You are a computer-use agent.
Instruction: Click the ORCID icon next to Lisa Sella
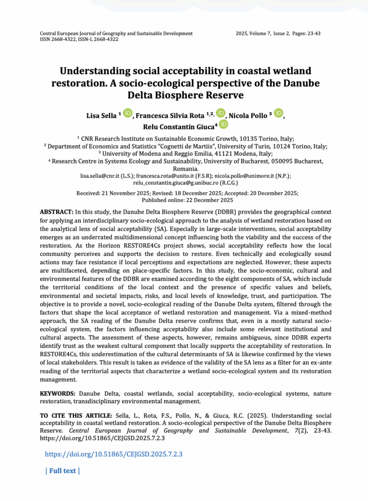point(127,114)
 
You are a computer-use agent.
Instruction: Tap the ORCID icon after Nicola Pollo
point(278,114)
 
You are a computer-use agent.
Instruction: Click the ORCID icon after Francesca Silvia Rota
point(220,114)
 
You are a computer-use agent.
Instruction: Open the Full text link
point(62,471)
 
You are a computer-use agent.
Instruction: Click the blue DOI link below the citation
point(114,454)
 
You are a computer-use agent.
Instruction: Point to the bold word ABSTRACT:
point(56,212)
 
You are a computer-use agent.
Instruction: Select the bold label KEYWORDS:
point(58,393)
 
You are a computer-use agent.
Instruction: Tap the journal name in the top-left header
point(116,33)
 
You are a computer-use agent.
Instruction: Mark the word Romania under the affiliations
point(184,168)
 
